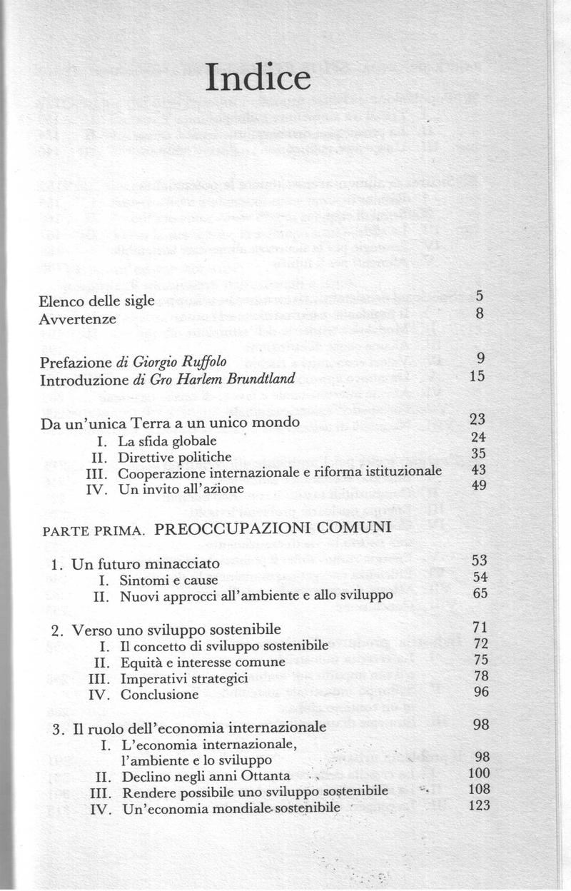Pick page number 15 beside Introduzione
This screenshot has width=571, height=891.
(479, 377)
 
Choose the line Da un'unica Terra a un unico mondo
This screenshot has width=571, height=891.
(169, 423)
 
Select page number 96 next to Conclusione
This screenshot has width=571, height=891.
(479, 693)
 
